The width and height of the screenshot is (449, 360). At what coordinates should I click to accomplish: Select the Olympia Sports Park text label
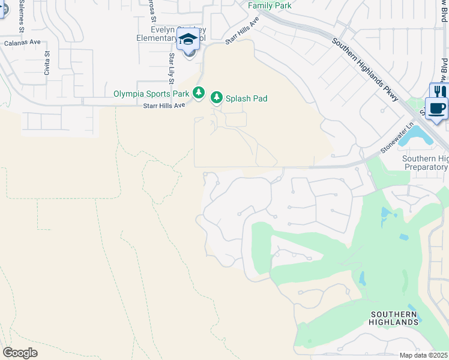pos(151,94)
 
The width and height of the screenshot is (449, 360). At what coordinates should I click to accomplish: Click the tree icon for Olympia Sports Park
pos(199,93)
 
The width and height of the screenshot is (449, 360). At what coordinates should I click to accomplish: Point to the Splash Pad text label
pos(246,98)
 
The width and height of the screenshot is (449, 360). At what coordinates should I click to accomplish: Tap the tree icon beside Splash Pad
pos(216,98)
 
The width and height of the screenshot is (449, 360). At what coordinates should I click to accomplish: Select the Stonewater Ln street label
pos(397,139)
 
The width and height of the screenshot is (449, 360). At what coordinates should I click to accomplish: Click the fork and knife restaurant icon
pos(439,91)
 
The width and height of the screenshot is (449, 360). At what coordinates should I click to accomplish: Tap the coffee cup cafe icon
pos(437,109)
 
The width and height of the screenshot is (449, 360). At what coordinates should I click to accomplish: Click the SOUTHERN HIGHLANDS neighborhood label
pos(394,318)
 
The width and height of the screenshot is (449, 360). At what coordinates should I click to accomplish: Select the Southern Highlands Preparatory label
pos(425,163)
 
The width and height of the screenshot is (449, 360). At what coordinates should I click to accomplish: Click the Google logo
pos(20,352)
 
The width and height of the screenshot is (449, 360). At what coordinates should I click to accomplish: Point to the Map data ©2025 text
pos(423,355)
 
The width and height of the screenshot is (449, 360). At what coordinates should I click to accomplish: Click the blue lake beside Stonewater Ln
pos(415,137)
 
